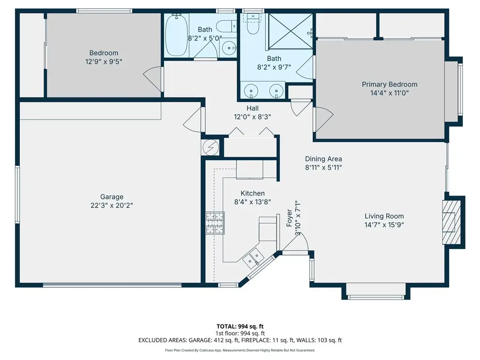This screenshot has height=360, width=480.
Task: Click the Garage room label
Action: (x=112, y=197)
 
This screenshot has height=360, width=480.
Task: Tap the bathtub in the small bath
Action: (x=177, y=35)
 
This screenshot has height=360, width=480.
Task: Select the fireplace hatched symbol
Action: (x=451, y=222)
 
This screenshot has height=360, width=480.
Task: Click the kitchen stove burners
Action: (x=215, y=223)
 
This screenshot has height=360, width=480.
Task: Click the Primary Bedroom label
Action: (x=390, y=84)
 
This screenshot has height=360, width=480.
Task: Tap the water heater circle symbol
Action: (x=210, y=148)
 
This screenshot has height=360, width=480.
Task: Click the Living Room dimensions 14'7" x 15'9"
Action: (x=384, y=225)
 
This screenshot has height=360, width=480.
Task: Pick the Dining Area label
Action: (x=323, y=159)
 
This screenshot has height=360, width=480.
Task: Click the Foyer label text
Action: (x=289, y=218)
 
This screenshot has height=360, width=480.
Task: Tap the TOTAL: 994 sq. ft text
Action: (x=240, y=326)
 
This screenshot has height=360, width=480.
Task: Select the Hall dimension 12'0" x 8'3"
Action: (x=252, y=117)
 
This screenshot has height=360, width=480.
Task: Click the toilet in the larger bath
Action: (x=253, y=24)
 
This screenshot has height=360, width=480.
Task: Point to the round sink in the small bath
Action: (x=229, y=48)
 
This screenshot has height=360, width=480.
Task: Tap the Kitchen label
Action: (x=253, y=193)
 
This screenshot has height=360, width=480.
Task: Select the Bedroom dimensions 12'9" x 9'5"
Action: (x=104, y=61)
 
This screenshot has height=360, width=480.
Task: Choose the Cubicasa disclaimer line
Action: (x=240, y=350)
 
